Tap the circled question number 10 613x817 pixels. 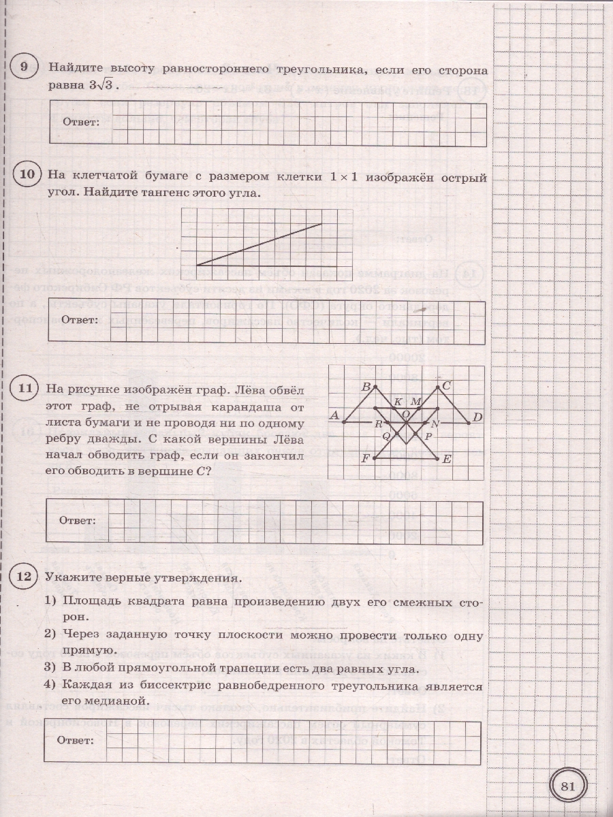[x=27, y=175]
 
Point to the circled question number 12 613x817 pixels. [x=25, y=577]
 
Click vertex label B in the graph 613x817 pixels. [x=365, y=387]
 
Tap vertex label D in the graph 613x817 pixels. [x=477, y=417]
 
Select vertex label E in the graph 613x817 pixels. [x=447, y=460]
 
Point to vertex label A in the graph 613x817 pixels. [x=334, y=415]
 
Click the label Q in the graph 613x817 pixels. [x=386, y=435]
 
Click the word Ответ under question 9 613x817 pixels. [x=81, y=122]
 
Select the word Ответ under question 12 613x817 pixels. [x=75, y=740]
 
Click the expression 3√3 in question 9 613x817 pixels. [x=101, y=86]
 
